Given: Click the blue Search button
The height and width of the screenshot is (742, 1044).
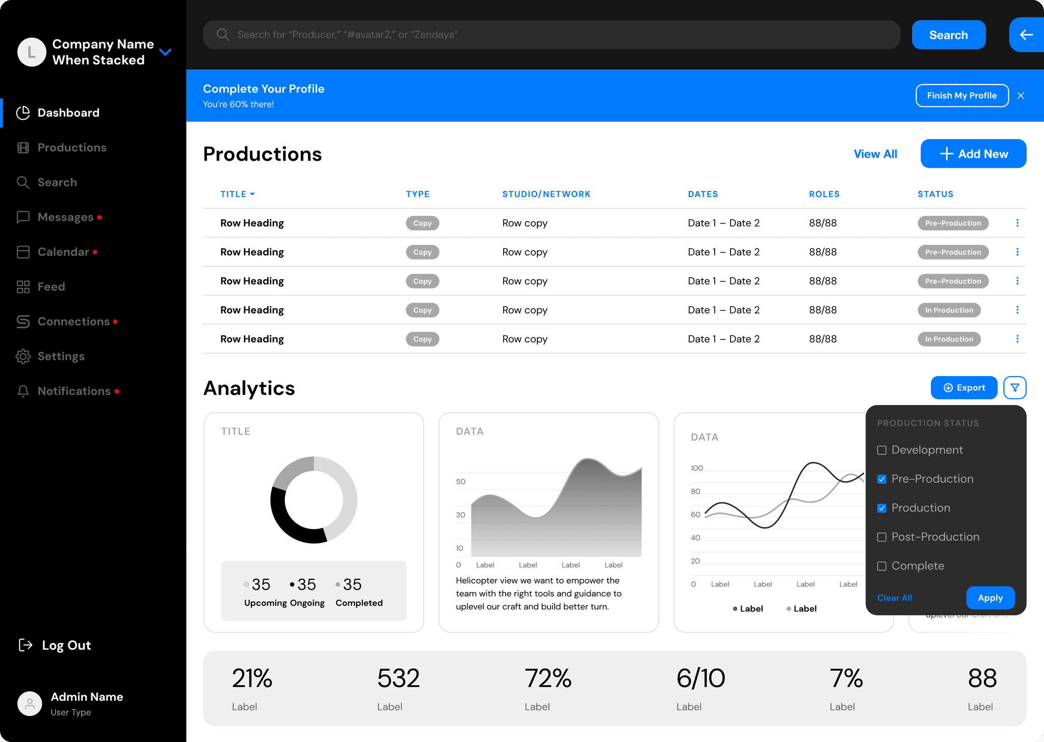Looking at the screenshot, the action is (x=949, y=35).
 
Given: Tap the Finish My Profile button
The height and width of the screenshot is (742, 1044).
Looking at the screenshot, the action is (x=962, y=95).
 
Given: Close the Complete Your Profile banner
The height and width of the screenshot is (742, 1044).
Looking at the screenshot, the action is (x=1021, y=95).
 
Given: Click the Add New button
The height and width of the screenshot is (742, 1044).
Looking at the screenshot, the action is (x=973, y=153).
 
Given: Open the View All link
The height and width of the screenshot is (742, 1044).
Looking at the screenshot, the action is (x=875, y=154).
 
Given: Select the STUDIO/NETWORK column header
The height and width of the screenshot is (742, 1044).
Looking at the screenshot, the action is (x=546, y=194).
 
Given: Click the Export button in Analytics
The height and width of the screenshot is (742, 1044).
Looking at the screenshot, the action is (x=964, y=388).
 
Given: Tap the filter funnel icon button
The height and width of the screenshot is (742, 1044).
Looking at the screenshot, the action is (x=1015, y=388).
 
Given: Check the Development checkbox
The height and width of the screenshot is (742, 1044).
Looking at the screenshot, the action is (x=882, y=450).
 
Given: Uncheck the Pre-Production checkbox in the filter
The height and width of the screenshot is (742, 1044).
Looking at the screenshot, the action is (x=882, y=479).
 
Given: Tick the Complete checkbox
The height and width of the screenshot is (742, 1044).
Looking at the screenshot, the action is (x=882, y=566).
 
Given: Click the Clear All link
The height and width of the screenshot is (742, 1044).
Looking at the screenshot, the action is (x=895, y=598).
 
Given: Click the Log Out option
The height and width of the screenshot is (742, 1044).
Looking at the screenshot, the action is (x=55, y=645).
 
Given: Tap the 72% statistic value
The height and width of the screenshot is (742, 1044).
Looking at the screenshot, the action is (x=548, y=678).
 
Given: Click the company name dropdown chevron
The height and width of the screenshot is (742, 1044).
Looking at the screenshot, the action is (x=165, y=52).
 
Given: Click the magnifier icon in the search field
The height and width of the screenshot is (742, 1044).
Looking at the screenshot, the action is (x=223, y=35).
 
